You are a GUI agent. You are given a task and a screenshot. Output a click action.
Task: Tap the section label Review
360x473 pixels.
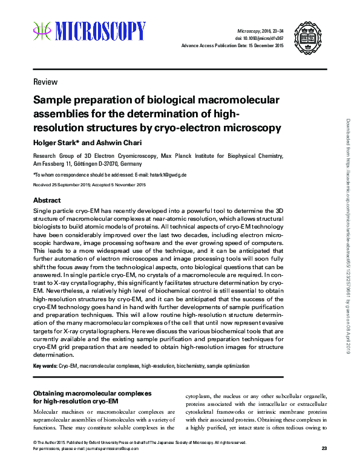point(45,82)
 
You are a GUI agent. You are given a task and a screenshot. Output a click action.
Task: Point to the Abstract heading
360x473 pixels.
point(47,200)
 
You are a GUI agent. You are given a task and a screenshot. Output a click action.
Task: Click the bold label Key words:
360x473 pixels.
point(45,367)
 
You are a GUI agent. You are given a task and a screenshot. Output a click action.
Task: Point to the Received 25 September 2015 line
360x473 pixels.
point(89,184)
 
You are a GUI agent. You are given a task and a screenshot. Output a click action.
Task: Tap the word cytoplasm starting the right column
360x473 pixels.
point(199,397)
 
